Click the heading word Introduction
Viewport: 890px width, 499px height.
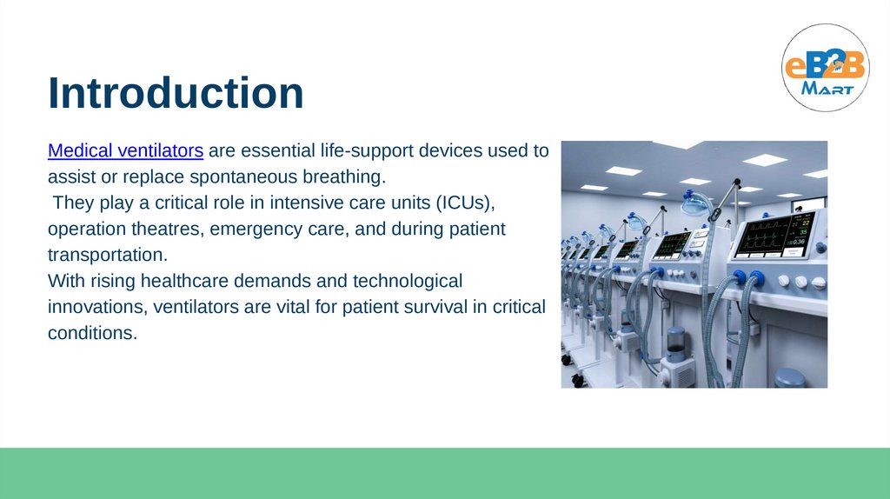tap(176, 92)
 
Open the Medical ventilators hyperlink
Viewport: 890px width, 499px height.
tap(125, 150)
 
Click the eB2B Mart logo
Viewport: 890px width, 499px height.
tap(826, 68)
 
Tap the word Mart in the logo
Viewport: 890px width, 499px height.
tap(827, 89)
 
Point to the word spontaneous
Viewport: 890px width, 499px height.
tap(243, 177)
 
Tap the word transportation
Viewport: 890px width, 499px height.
tap(108, 255)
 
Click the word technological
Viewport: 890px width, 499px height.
tap(408, 282)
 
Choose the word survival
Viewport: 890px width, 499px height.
tap(429, 307)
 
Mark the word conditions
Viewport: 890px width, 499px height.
tap(92, 333)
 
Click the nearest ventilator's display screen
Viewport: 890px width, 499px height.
tap(774, 235)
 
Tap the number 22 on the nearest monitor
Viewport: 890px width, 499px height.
tap(806, 223)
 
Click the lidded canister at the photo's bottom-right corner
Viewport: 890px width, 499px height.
tap(790, 378)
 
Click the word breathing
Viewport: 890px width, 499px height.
tap(344, 177)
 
